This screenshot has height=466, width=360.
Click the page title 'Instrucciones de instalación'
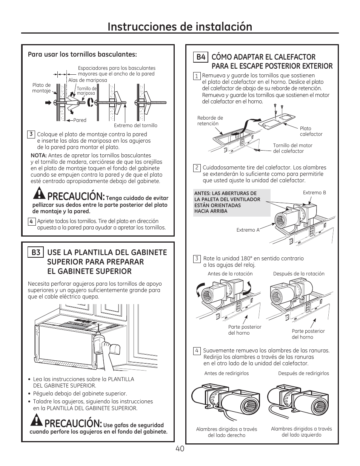[180, 26]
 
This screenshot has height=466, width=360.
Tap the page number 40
[180, 449]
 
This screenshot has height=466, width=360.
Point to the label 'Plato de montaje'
[41, 88]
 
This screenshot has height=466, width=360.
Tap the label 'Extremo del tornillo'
[135, 126]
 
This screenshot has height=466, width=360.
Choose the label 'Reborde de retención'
[210, 121]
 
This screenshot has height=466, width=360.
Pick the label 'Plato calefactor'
[311, 131]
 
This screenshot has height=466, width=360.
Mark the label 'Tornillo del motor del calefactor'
[292, 148]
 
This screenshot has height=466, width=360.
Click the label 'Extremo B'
[314, 192]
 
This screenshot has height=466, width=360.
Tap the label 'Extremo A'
[248, 230]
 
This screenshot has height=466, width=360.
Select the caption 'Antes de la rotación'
[230, 274]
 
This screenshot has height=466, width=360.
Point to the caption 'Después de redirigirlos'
[303, 374]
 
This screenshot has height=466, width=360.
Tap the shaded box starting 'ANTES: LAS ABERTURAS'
[232, 202]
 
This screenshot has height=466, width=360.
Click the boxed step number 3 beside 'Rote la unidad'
[197, 258]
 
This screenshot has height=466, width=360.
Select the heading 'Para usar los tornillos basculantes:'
[82, 54]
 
